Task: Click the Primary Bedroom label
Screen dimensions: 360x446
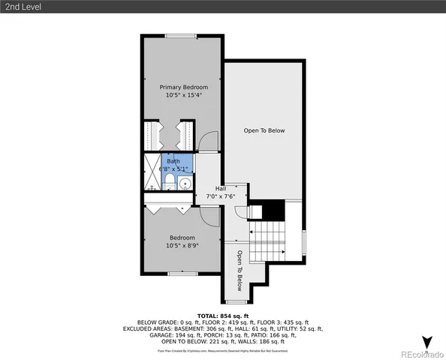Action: [183, 87]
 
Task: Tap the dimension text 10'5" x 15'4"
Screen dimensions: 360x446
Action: [183, 95]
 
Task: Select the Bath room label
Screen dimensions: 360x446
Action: [173, 161]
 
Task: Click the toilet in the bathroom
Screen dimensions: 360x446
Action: [170, 182]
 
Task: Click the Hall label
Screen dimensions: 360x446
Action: [221, 188]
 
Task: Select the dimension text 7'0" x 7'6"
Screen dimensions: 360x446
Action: [221, 196]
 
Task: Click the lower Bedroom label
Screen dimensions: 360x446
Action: [182, 238]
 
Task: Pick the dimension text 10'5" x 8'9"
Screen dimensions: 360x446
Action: [182, 246]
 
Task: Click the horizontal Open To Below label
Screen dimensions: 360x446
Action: [264, 130]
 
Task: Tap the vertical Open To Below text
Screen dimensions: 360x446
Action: [240, 270]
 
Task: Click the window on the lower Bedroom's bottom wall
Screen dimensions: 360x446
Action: [182, 273]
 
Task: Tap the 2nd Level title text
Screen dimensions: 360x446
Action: [21, 7]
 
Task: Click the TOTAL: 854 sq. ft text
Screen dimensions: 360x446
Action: [223, 316]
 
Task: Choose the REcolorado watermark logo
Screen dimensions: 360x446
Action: [421, 354]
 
